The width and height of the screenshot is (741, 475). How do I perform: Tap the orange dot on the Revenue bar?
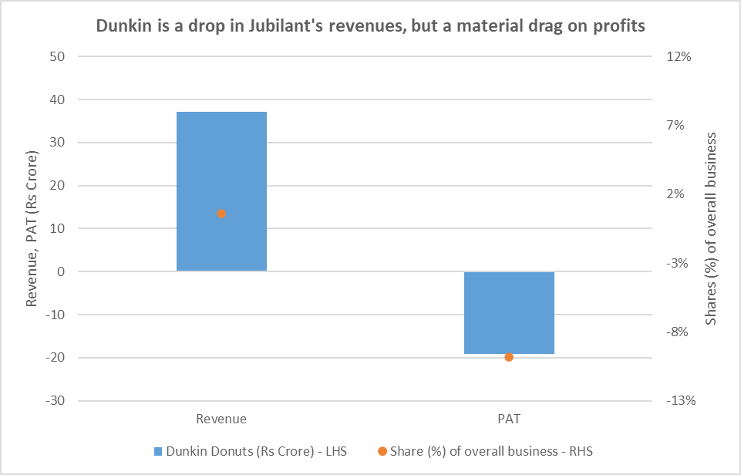tap(221, 214)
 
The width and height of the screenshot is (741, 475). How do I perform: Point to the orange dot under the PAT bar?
tap(509, 357)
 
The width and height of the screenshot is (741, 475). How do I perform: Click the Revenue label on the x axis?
tap(221, 419)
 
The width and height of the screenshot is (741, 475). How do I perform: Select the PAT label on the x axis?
tap(509, 419)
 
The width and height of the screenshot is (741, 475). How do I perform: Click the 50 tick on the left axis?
tap(56, 57)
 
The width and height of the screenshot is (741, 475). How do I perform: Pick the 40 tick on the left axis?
tap(56, 100)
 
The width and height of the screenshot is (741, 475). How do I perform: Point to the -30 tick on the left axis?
tap(54, 401)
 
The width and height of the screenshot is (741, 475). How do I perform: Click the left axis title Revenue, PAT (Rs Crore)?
tap(32, 229)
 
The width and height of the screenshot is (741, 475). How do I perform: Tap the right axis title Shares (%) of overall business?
tap(711, 229)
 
